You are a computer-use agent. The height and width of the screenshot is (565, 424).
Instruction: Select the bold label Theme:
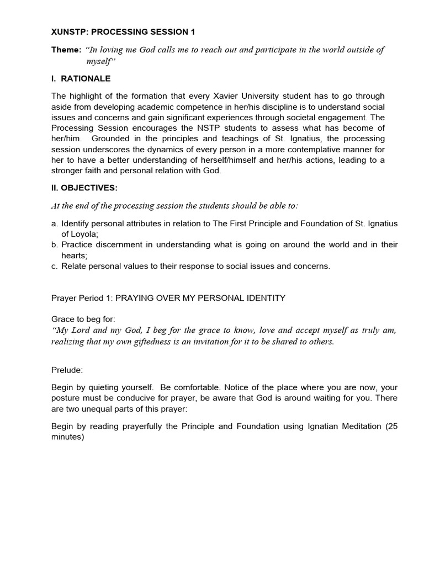click(66, 50)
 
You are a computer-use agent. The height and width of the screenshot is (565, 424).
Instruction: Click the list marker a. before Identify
click(55, 223)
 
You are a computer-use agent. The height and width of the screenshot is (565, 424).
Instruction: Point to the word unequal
click(100, 409)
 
